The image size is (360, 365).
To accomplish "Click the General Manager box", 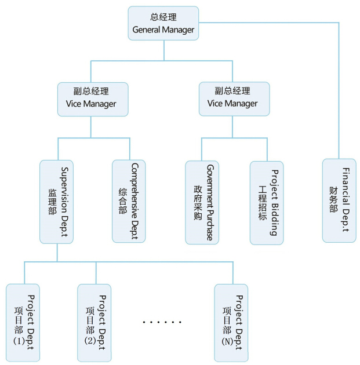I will pos(163,23).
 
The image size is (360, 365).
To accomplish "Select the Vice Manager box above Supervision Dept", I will pos(92,98).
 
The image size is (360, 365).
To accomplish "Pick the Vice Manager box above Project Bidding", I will pos(233,98).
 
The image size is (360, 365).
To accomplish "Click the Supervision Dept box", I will pos(56,201).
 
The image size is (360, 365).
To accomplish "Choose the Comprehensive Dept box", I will pos(129,201).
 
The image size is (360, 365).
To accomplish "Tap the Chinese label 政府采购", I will pos(197,202).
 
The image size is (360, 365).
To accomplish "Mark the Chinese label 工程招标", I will pos(261,202).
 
